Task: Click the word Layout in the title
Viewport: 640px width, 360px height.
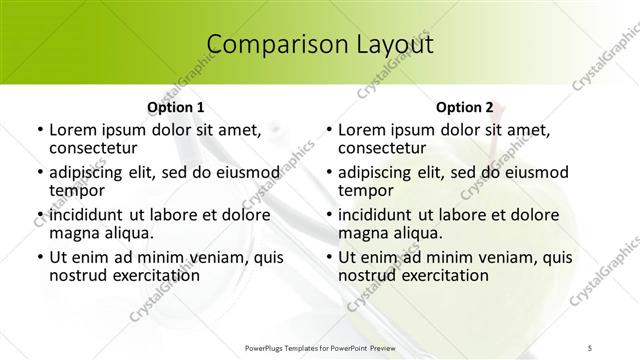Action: [x=391, y=44]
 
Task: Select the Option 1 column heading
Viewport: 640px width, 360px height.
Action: [x=176, y=106]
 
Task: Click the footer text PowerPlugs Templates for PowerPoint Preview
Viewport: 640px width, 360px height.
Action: [x=320, y=346]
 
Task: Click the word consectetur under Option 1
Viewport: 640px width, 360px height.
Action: [x=91, y=148]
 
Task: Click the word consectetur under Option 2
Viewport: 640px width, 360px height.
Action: [x=381, y=148]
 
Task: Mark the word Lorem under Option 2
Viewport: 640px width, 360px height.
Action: [x=361, y=130]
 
